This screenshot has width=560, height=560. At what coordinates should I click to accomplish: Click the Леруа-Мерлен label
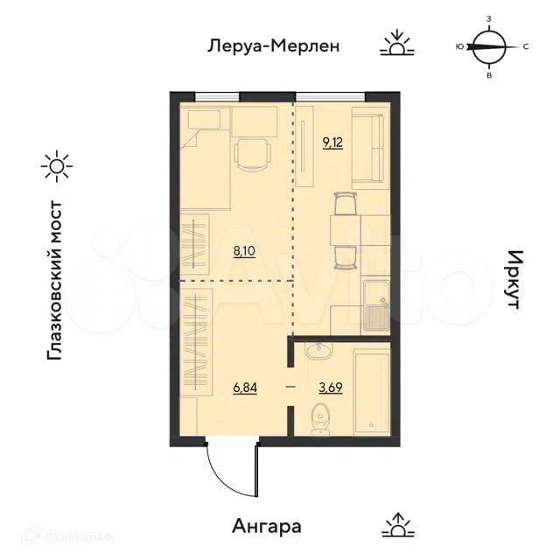pos(272,45)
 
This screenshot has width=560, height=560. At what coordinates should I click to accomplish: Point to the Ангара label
pos(267,527)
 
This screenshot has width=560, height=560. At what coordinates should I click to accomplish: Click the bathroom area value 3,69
pos(331,386)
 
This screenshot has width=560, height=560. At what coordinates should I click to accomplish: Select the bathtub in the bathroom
pos(370,390)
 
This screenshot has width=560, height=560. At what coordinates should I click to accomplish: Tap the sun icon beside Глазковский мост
pos(57,166)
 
